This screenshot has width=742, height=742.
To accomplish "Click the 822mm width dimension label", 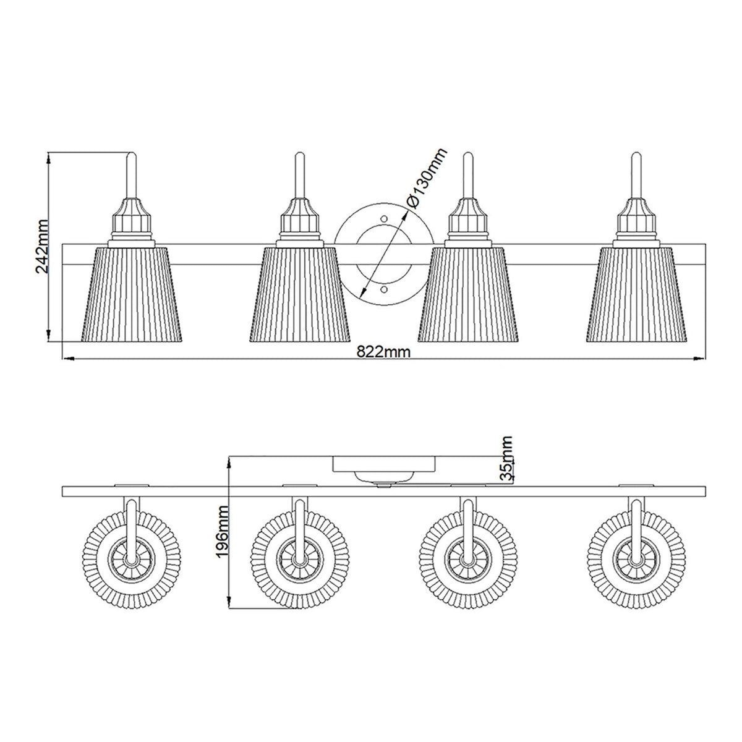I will coord(384,351).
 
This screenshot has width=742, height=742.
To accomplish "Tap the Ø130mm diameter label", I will coord(425,179).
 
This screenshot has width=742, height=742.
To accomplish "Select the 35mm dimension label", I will coord(506,458).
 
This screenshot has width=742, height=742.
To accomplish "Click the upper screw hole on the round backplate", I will coord(384,218).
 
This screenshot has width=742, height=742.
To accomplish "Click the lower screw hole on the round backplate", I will coord(384,289).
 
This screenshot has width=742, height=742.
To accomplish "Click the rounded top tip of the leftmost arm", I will coord(132,155).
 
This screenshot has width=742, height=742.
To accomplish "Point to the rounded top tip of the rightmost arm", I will coord(636,155).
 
